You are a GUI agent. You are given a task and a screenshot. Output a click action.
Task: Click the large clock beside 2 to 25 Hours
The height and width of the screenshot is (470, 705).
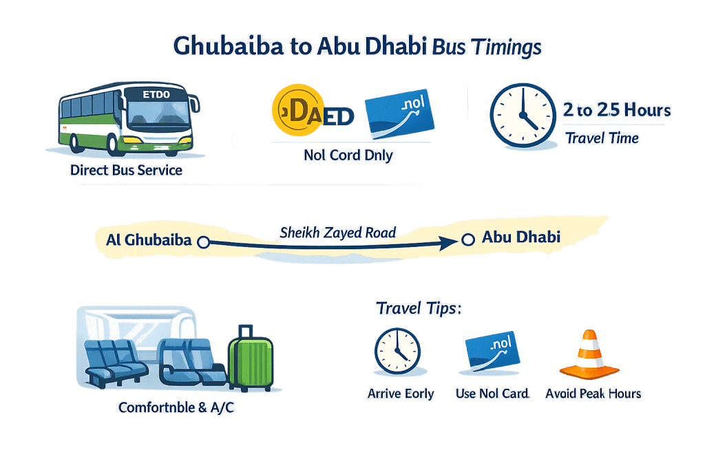click(522, 115)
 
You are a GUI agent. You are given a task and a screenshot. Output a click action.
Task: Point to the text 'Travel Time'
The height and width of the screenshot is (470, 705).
click(602, 138)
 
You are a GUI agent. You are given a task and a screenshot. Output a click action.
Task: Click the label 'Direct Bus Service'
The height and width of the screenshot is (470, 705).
click(126, 170)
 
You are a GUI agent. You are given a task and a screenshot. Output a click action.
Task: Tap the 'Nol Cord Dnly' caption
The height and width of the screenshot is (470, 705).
click(348, 156)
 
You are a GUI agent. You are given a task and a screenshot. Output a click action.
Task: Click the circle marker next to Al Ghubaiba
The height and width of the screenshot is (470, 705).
click(202, 242)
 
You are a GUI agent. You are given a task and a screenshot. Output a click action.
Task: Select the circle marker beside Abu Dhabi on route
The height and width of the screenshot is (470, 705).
click(468, 239)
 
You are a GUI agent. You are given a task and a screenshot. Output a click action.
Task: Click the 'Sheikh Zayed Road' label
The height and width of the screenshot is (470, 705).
click(337, 233)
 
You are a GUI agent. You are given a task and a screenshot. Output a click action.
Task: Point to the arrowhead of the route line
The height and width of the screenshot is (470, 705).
click(448, 242)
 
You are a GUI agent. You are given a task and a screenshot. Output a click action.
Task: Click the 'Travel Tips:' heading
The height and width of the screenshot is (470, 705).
click(418, 308)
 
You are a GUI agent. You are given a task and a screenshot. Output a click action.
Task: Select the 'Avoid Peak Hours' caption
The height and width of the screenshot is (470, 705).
click(593, 394)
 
